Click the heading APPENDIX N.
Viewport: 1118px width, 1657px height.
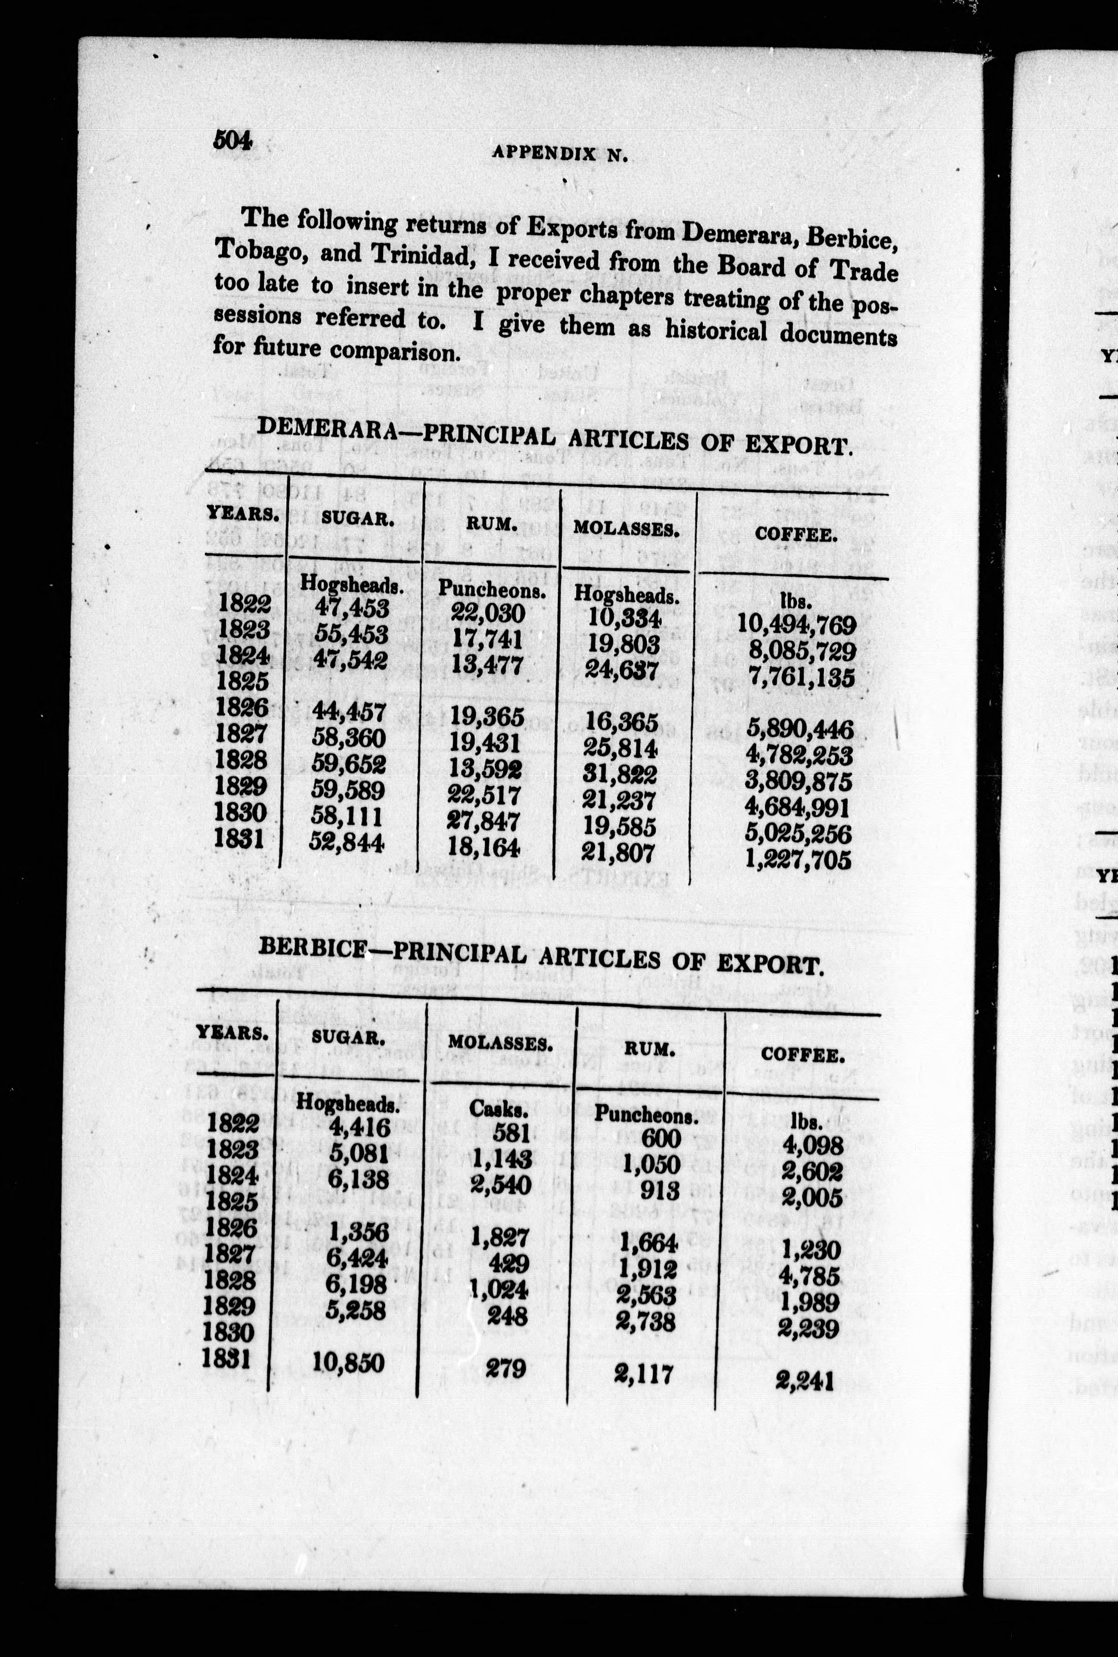coord(559,154)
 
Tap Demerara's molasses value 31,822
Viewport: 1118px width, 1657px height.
coord(620,774)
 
